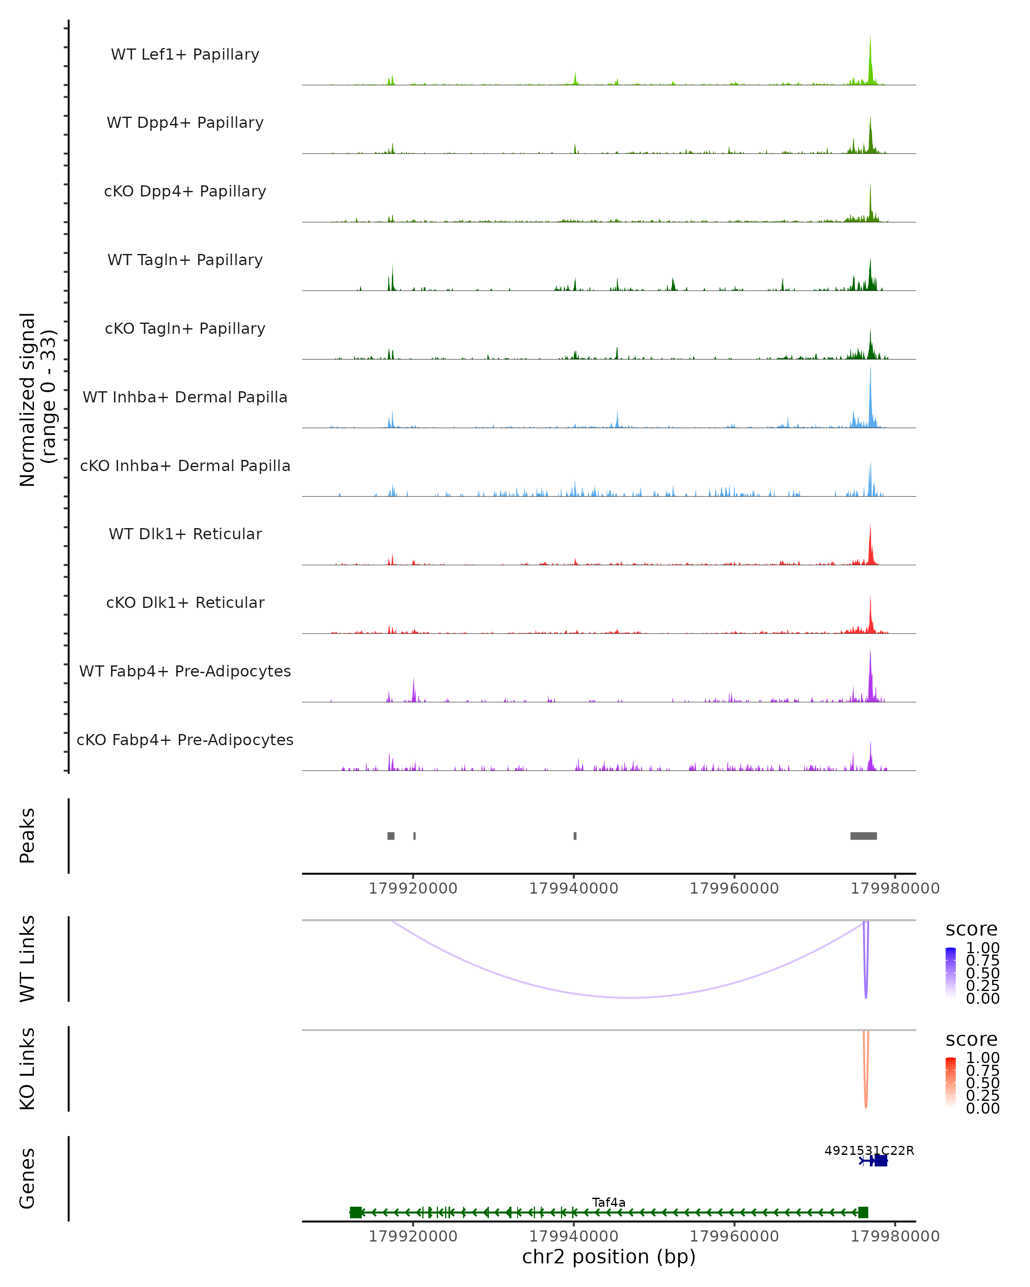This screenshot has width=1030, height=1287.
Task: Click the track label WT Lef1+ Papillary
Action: click(x=185, y=54)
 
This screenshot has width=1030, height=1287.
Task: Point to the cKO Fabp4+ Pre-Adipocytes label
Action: click(x=185, y=740)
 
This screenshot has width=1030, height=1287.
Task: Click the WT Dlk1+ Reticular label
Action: click(x=185, y=534)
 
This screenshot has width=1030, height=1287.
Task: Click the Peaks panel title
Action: click(x=27, y=835)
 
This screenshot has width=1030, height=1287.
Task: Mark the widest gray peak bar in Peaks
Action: click(x=863, y=836)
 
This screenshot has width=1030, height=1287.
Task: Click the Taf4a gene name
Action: click(x=609, y=1202)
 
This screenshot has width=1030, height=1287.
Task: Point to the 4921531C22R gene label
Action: click(x=869, y=1150)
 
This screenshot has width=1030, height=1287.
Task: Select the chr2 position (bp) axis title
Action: click(x=609, y=1257)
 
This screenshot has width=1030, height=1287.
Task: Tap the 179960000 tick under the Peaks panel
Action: click(x=734, y=888)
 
